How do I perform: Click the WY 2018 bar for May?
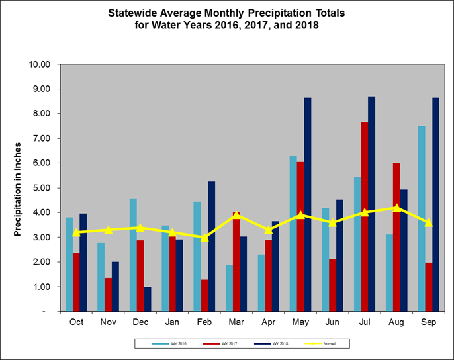(308, 204)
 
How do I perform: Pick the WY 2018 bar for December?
(147, 298)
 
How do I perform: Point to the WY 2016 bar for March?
(229, 288)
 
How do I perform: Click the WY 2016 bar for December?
(132, 255)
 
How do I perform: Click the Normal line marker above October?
(76, 232)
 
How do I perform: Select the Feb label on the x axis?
(204, 322)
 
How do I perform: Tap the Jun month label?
(333, 322)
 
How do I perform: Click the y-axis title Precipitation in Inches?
(18, 188)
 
